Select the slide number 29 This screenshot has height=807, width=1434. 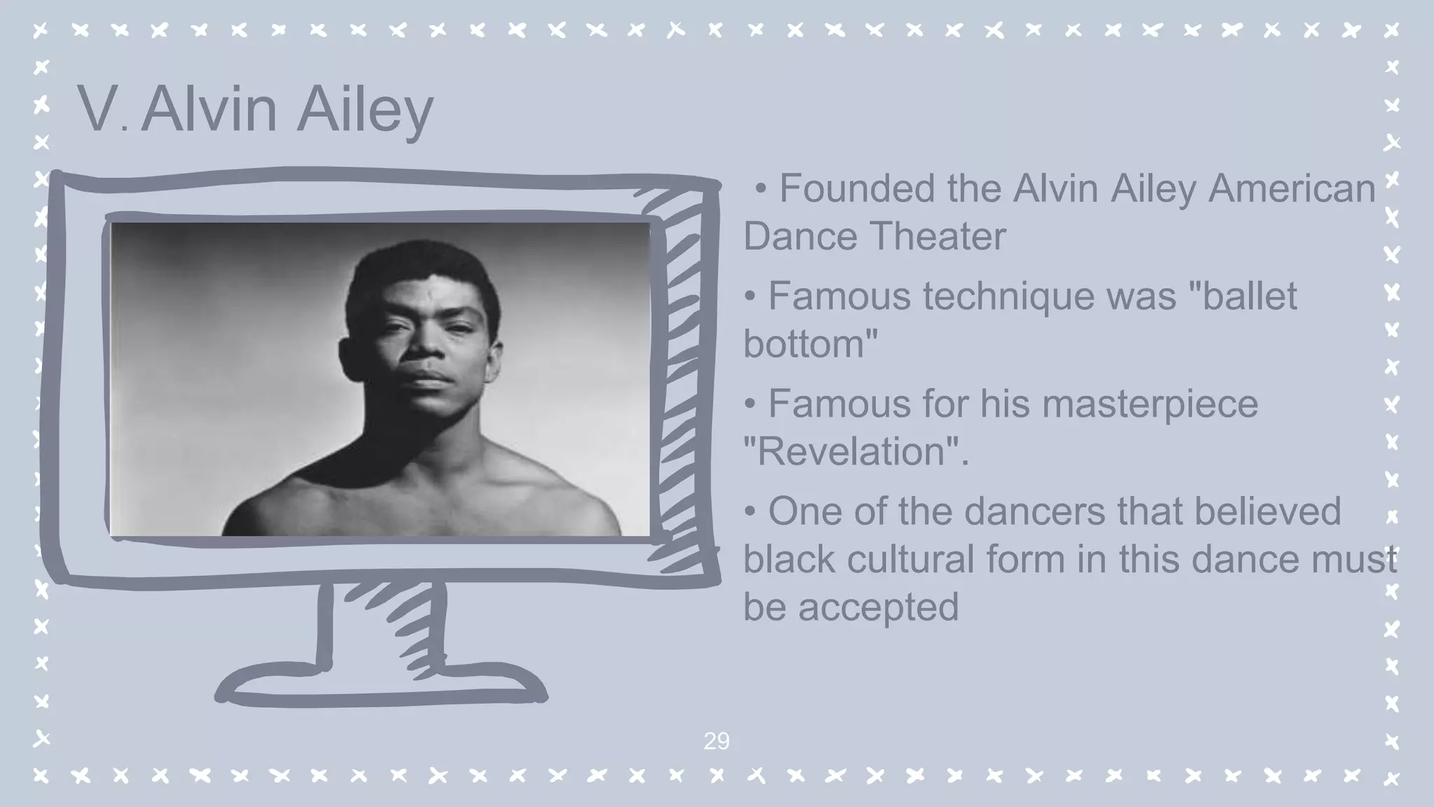click(x=716, y=741)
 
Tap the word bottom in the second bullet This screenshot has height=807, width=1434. click(x=805, y=344)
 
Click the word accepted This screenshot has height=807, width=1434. click(x=878, y=607)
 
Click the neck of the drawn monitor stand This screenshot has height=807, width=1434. click(x=382, y=623)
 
